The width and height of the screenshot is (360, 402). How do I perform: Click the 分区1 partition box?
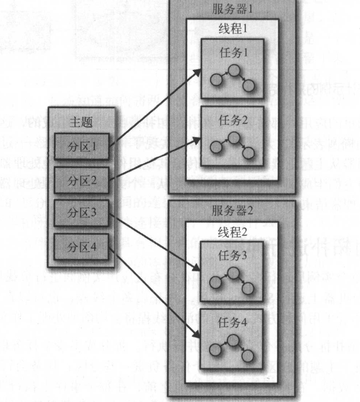point(81,146)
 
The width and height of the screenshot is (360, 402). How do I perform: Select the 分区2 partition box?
point(81,180)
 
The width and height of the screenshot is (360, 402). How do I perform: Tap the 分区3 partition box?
point(81,213)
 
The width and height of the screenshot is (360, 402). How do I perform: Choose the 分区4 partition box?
point(81,247)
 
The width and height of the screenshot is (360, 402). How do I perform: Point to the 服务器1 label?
point(232,9)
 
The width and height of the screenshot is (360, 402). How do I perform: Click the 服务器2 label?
point(232,211)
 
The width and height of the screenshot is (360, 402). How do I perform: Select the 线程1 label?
point(232,29)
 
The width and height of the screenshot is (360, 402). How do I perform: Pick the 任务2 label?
point(232,121)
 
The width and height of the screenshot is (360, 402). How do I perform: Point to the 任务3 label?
point(232,256)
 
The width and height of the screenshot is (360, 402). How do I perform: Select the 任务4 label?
point(232,323)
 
